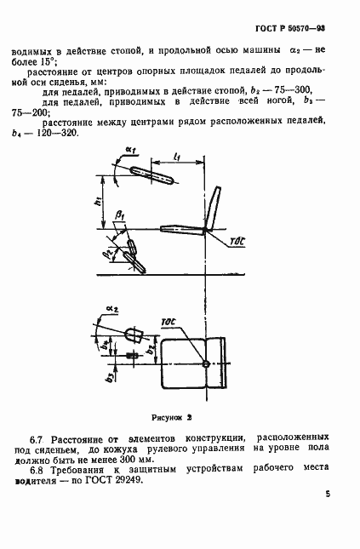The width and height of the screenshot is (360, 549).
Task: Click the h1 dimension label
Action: coord(99,202)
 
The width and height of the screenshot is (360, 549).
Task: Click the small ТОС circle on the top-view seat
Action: coord(205,364)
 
